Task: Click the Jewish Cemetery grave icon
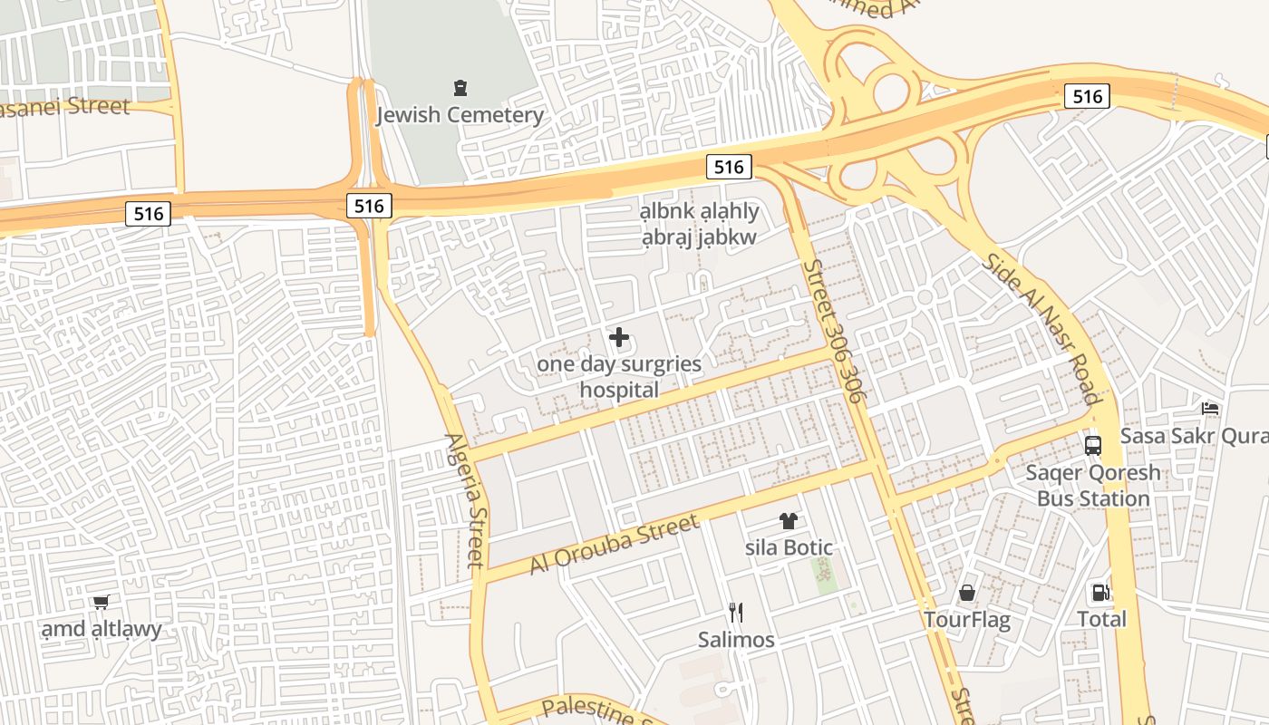460,88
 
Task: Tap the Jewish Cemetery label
460,115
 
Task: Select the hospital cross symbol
619,338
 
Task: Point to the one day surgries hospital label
619,377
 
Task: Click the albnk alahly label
700,212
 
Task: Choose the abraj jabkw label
699,237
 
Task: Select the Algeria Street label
465,500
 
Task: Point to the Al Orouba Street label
615,544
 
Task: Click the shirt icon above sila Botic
789,521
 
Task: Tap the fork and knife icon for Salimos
736,613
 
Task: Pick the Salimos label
736,640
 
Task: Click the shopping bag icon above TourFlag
967,594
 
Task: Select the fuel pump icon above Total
1100,593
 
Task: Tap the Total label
1101,619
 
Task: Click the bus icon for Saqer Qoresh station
1093,446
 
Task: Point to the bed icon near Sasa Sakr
1210,409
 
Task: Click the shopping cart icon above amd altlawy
101,603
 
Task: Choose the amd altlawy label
102,629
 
